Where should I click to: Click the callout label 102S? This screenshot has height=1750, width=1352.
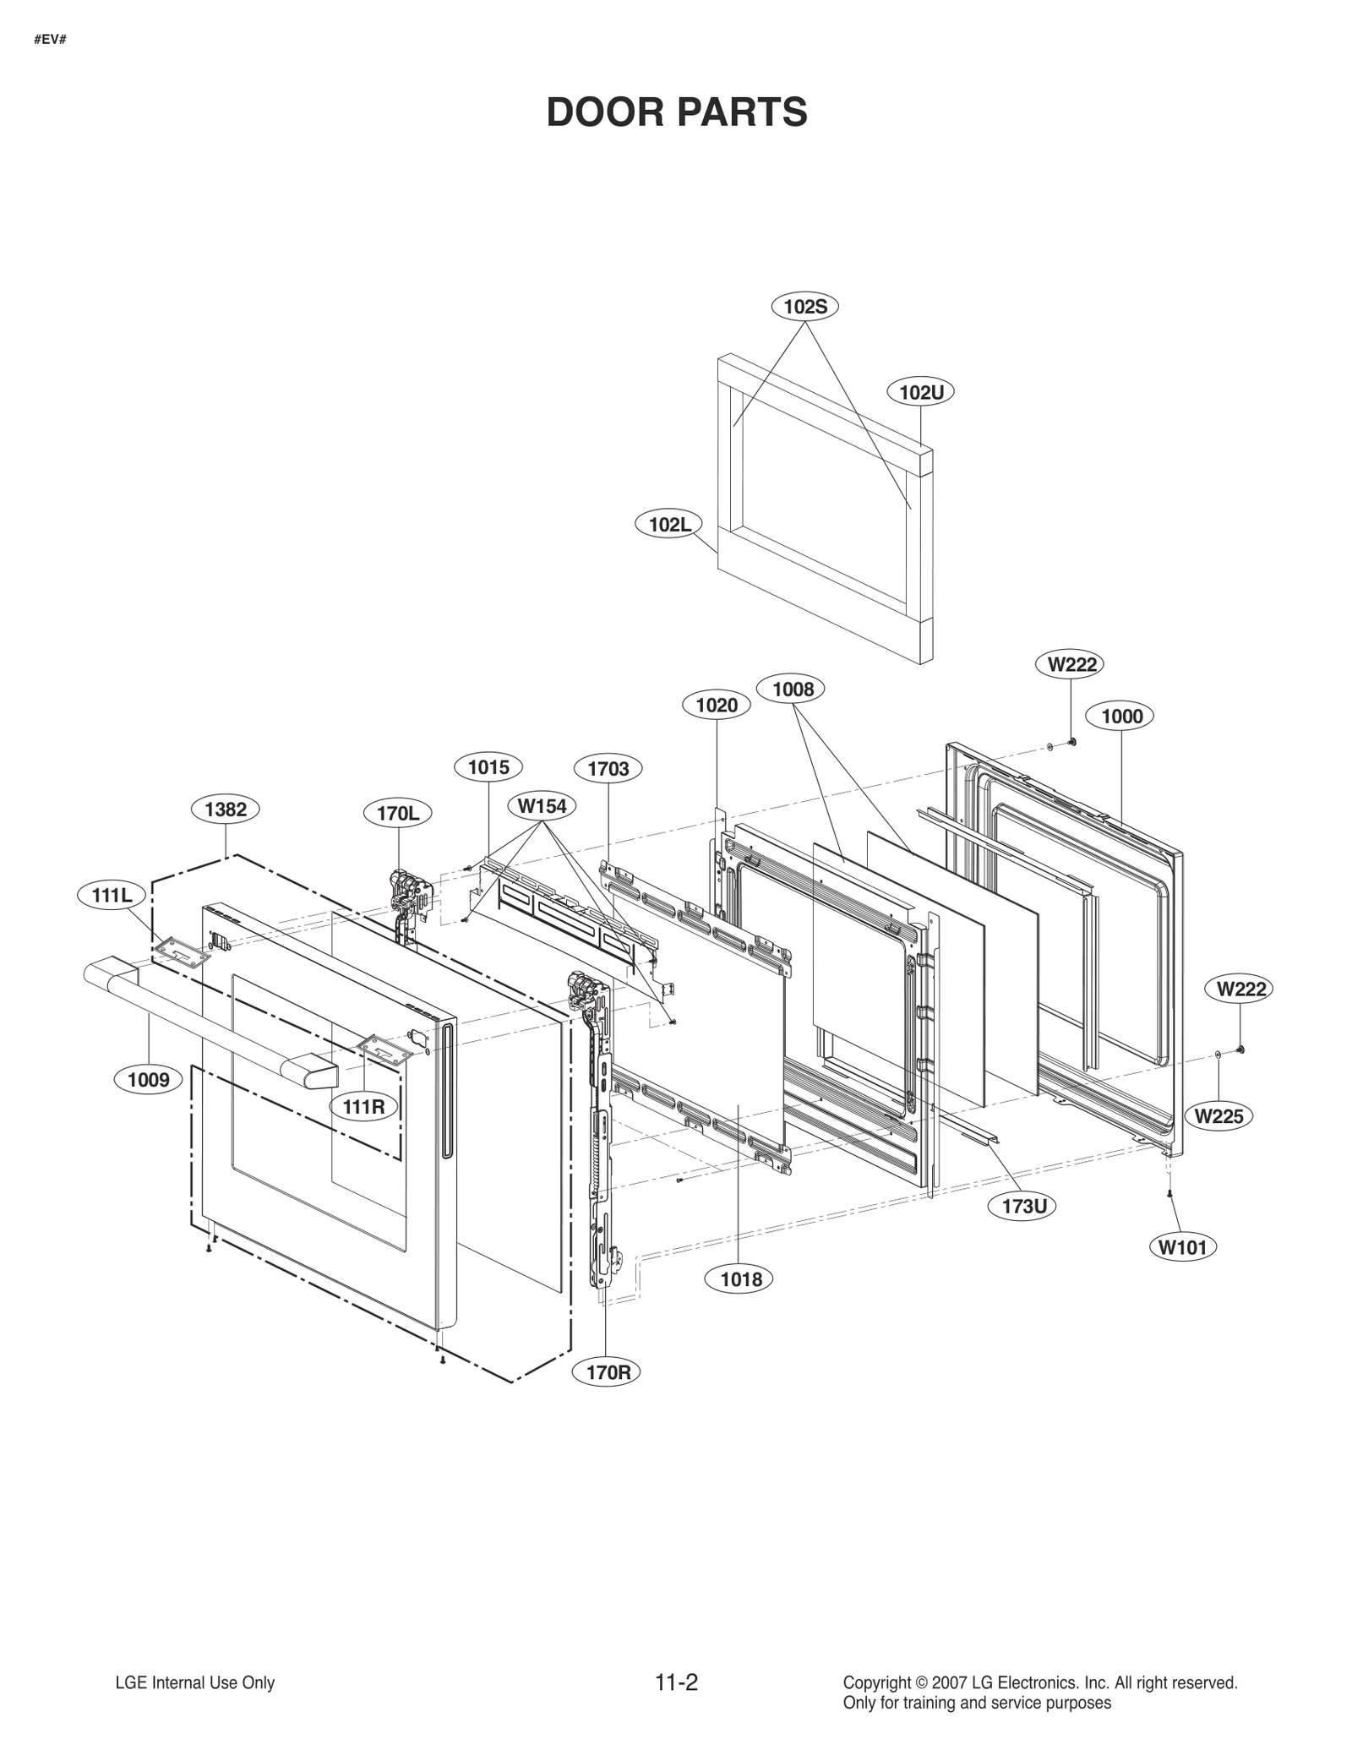click(804, 307)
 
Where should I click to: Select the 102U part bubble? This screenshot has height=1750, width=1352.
click(920, 392)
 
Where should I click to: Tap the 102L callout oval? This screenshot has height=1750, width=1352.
click(669, 524)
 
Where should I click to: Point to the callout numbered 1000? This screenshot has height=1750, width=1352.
click(1121, 716)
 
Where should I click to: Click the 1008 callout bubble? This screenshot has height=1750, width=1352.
click(792, 689)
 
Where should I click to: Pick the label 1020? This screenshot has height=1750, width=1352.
click(716, 705)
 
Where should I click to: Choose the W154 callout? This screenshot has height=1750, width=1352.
click(542, 805)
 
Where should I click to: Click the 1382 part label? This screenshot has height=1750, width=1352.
click(226, 809)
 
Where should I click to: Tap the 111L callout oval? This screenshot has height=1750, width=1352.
click(112, 895)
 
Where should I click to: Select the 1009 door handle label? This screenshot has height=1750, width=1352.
click(148, 1079)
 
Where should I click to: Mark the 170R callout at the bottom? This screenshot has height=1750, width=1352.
click(608, 1372)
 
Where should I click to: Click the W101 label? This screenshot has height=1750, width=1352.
click(1183, 1246)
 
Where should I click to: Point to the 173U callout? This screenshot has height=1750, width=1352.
click(1024, 1206)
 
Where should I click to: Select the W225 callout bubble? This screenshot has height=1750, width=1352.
click(1218, 1116)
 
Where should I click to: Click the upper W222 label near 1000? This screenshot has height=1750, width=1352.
click(1071, 664)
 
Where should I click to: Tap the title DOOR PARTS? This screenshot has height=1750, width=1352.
click(676, 112)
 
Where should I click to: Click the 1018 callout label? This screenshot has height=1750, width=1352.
click(740, 1278)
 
